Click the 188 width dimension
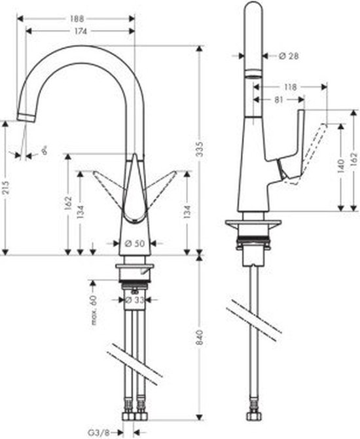coord(76,19)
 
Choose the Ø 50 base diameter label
coord(135,243)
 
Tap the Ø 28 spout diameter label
coord(289,56)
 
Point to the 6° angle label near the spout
coord(43,152)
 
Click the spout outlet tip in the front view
coord(24,117)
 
